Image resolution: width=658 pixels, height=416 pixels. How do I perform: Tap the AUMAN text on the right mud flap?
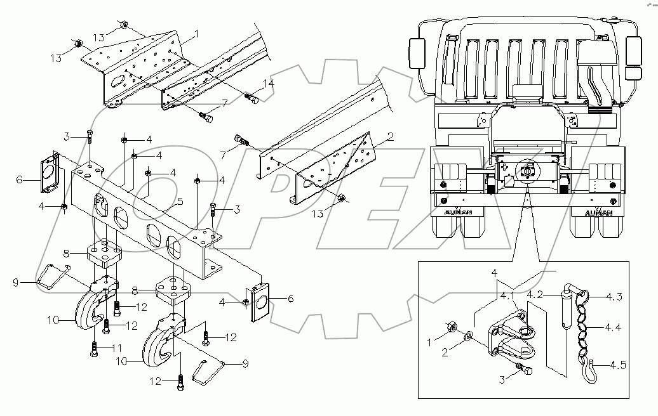click(x=598, y=212)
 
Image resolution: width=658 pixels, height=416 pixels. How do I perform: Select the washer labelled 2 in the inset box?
click(x=469, y=335)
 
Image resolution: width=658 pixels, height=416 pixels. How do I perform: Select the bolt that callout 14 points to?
click(x=252, y=98)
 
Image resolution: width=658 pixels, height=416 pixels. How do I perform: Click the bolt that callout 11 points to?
click(x=95, y=349)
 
